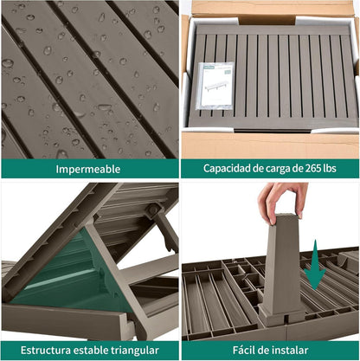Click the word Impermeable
pos(88,169)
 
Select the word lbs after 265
pos(329,168)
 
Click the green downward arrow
pos(315,265)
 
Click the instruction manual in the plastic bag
pos(215,86)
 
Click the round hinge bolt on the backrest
pos(152,210)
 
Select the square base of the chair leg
pos(281,316)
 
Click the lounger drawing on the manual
pos(217,86)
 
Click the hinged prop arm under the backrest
pos(164,231)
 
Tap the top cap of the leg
pos(285,216)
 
